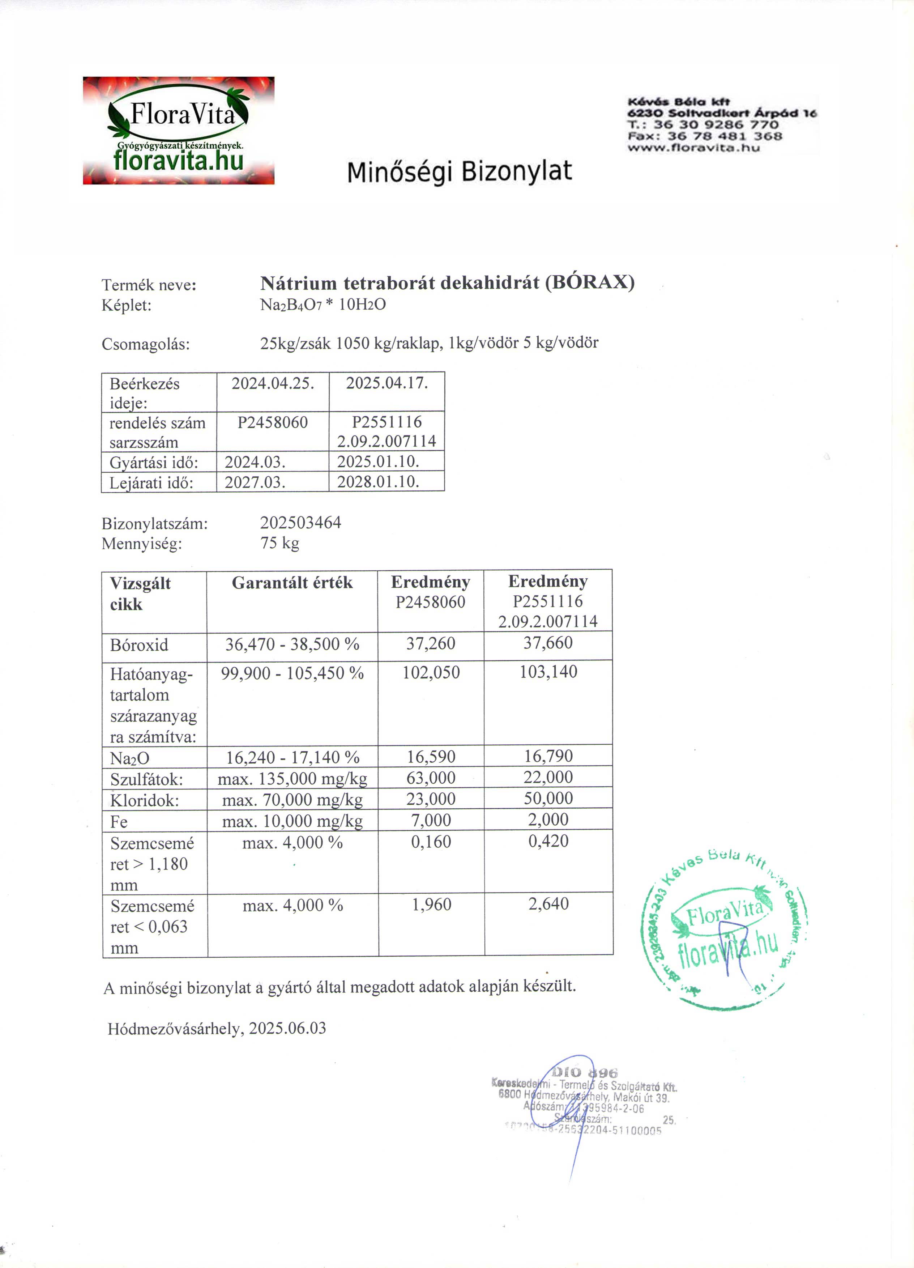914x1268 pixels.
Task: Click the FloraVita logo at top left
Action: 178,130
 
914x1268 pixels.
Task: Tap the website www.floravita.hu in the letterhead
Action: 693,148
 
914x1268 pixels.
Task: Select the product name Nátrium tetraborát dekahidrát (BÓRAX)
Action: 447,283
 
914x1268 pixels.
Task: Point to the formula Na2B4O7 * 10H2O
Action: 323,305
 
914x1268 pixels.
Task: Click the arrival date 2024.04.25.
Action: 273,383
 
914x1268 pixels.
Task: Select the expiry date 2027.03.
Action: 255,482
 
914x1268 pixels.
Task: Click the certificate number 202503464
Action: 300,523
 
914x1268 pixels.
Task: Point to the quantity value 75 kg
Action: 279,543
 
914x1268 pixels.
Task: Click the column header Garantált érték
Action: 292,583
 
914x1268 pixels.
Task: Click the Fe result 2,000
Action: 548,820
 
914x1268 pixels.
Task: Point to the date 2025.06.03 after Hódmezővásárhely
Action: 287,1028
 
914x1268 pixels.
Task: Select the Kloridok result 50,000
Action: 548,798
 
